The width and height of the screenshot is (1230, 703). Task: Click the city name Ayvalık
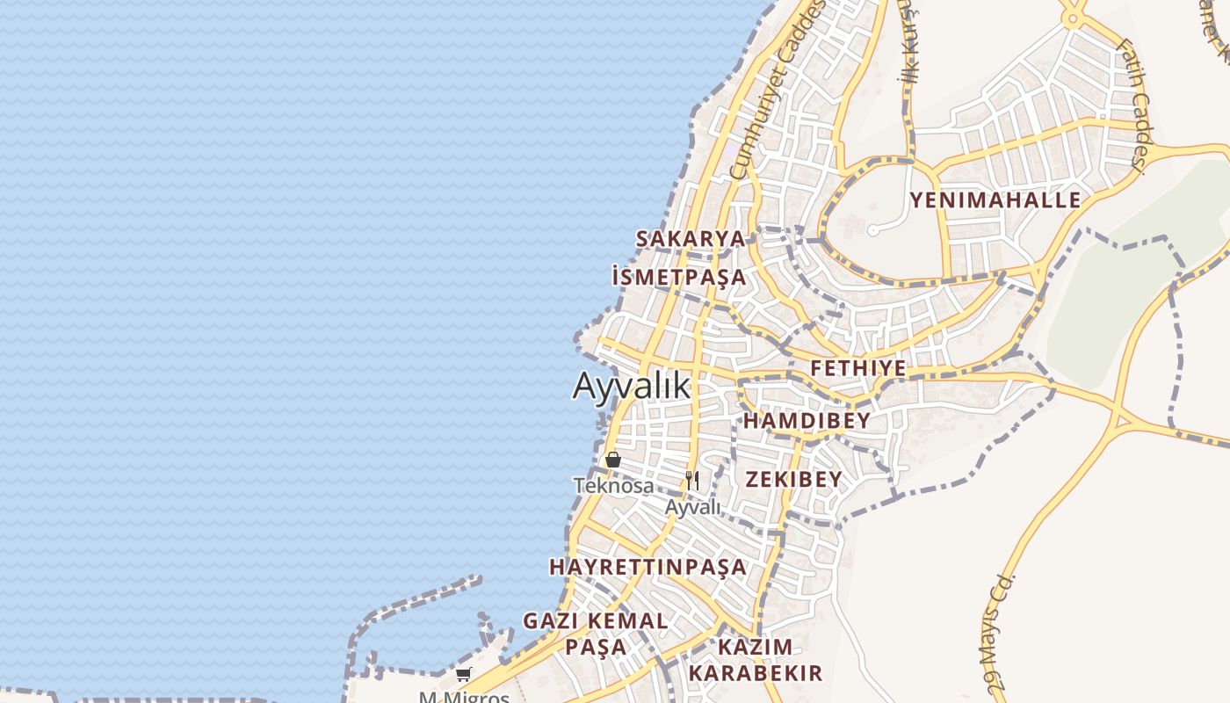click(632, 387)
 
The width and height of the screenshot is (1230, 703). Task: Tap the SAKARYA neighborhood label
click(691, 239)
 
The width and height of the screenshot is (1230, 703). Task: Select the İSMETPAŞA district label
click(679, 278)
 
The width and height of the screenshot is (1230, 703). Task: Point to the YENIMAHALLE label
click(995, 200)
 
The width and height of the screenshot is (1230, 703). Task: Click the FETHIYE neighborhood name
click(857, 368)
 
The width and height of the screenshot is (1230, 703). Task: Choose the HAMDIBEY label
click(807, 421)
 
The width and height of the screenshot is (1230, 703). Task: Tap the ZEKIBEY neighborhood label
click(793, 480)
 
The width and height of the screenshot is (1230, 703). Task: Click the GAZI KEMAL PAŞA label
click(597, 634)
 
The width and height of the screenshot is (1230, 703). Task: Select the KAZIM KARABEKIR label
click(756, 661)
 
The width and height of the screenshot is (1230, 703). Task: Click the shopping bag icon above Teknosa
click(613, 460)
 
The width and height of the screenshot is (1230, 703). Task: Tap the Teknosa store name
click(614, 486)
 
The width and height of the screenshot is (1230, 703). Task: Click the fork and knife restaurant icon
click(692, 480)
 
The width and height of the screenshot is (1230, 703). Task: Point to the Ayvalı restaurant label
click(692, 508)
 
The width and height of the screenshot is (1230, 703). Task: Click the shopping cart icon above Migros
click(463, 675)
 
